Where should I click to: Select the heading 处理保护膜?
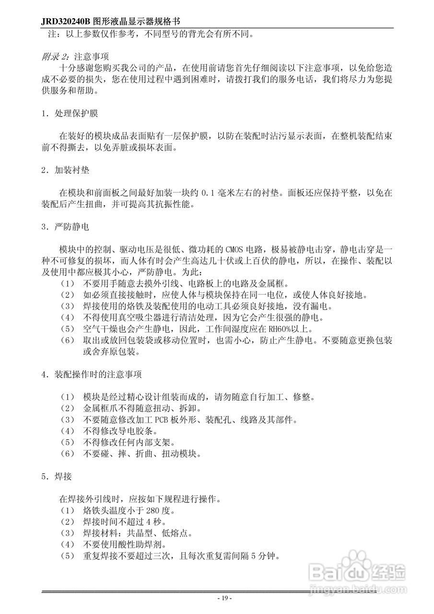pos(77,113)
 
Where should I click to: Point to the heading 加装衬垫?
pos(72,170)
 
